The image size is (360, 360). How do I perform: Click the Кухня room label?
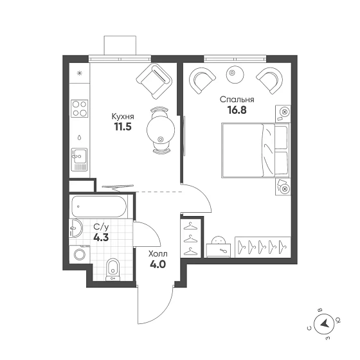coord(123,117)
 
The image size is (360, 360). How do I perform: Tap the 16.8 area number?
coord(237,110)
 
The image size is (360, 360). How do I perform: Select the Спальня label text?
coord(237,100)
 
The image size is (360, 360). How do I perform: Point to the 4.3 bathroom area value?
coord(101,237)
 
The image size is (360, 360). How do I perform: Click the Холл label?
coord(158,254)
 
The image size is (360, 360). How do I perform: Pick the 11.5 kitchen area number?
coord(123,127)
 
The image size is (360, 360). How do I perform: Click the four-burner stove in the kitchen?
coord(80,109)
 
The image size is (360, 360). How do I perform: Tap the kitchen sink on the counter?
coord(80,159)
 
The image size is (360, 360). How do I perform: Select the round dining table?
coord(161,130)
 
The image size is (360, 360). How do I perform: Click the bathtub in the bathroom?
coord(99,206)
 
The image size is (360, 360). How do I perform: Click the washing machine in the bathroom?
coord(80,254)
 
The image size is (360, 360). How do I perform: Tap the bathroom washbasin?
coord(75,228)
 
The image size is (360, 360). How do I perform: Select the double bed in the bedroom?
coord(256,150)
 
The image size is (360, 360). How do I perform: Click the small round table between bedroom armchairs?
coord(235,73)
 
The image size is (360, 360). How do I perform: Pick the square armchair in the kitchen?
coord(154,82)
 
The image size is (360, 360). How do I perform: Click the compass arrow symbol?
coord(324,324)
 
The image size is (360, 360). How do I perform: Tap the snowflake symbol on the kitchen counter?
coord(80,73)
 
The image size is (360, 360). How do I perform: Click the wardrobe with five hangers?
coord(263,247)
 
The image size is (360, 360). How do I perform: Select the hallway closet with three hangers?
coord(191,238)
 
